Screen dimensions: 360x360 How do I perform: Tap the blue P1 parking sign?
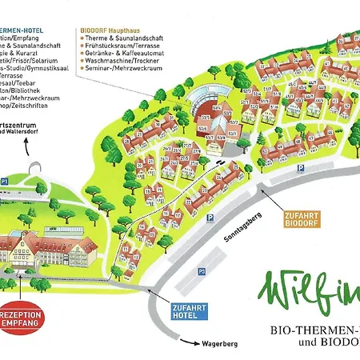pos(5,181)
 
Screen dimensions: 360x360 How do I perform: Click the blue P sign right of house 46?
pos(299,169)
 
